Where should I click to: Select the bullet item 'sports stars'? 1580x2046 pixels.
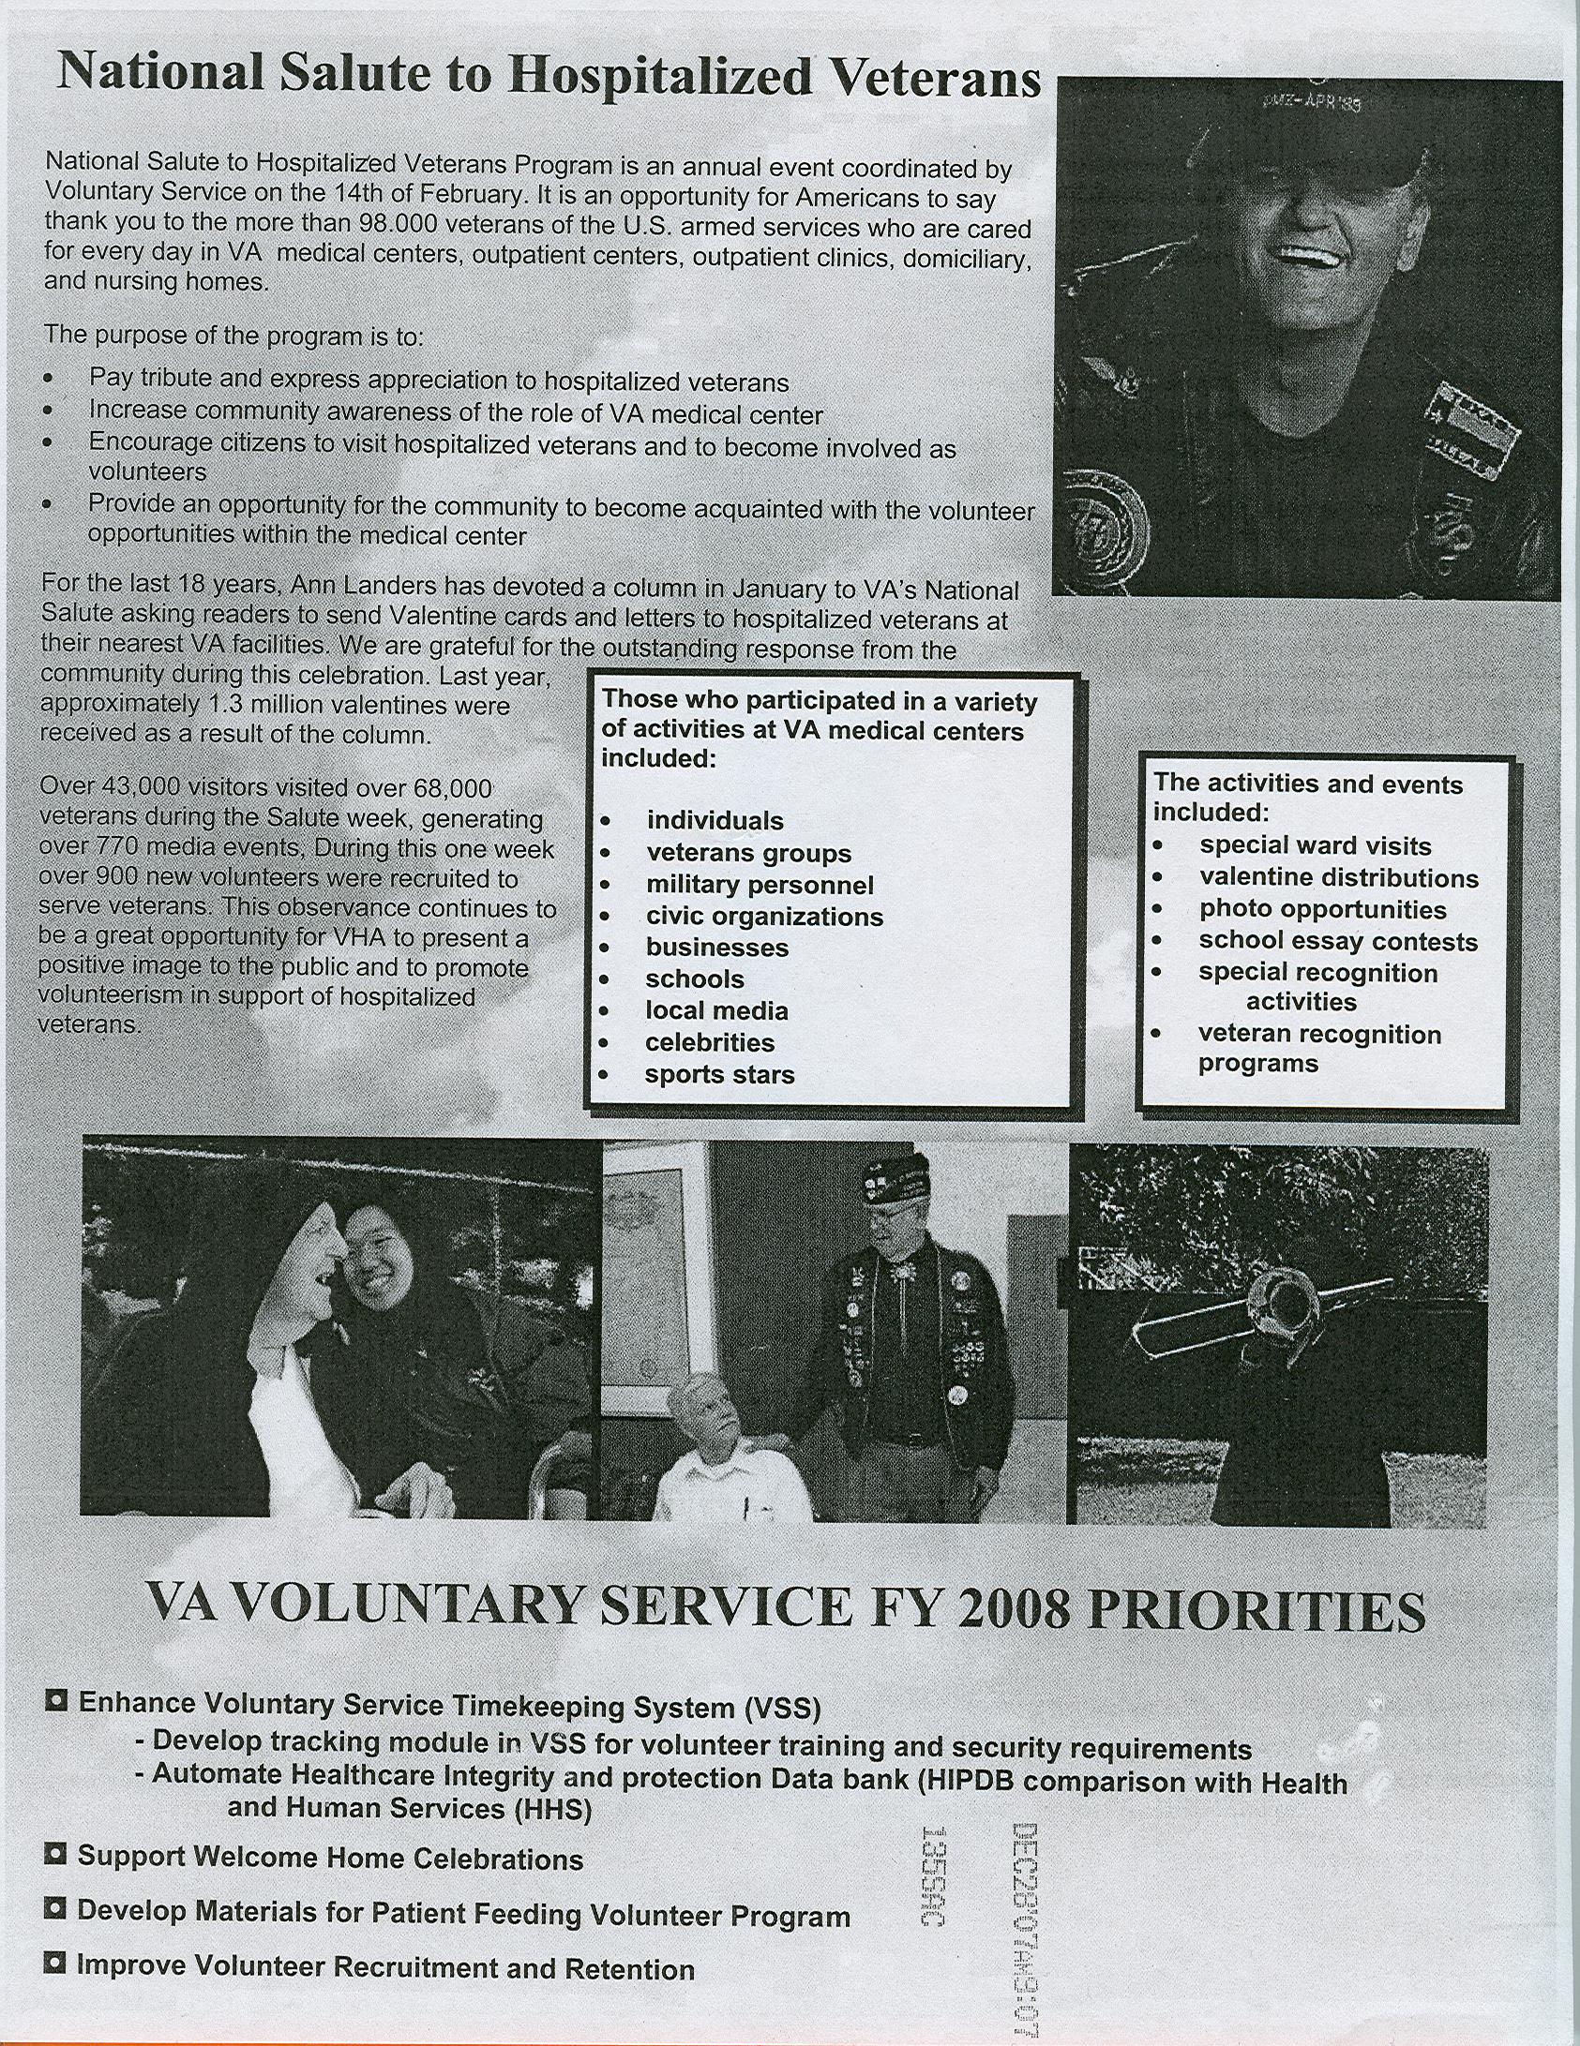point(719,1074)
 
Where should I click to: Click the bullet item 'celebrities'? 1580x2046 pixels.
point(710,1042)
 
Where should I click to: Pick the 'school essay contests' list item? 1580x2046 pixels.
point(1338,941)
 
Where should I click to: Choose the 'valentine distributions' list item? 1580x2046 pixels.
point(1338,877)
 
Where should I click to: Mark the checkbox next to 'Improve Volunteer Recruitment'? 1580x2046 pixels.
point(56,1964)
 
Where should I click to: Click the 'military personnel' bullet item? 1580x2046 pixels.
point(760,885)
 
